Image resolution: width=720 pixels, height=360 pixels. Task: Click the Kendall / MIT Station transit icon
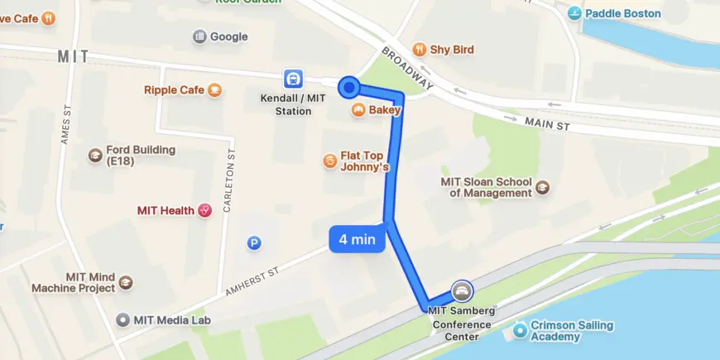click(292, 79)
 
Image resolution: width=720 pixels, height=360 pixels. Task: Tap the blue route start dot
click(349, 86)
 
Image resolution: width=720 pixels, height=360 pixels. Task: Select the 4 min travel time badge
click(358, 240)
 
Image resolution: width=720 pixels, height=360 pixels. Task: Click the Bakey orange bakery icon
click(358, 110)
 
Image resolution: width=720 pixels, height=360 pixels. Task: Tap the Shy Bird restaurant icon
click(420, 50)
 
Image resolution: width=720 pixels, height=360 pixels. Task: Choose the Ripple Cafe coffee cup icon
click(215, 90)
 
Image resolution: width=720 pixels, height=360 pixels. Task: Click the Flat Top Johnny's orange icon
click(330, 160)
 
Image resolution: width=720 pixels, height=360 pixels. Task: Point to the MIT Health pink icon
click(204, 211)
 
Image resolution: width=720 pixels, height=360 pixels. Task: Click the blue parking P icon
click(255, 242)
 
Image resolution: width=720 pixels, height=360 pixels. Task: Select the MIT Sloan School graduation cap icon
click(542, 188)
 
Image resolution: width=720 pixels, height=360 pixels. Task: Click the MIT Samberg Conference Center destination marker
click(462, 290)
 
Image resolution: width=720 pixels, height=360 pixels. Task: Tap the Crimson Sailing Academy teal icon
click(520, 331)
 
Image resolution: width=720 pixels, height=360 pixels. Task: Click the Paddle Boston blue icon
click(574, 13)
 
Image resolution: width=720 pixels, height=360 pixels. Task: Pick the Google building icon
click(199, 36)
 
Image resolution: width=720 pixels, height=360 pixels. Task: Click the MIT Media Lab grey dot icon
click(123, 320)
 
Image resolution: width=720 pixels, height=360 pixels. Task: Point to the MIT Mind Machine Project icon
click(125, 283)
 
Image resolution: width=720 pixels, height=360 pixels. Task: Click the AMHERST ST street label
click(253, 280)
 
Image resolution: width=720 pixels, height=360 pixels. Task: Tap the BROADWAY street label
click(408, 68)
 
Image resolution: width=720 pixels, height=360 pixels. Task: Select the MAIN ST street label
click(548, 124)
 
